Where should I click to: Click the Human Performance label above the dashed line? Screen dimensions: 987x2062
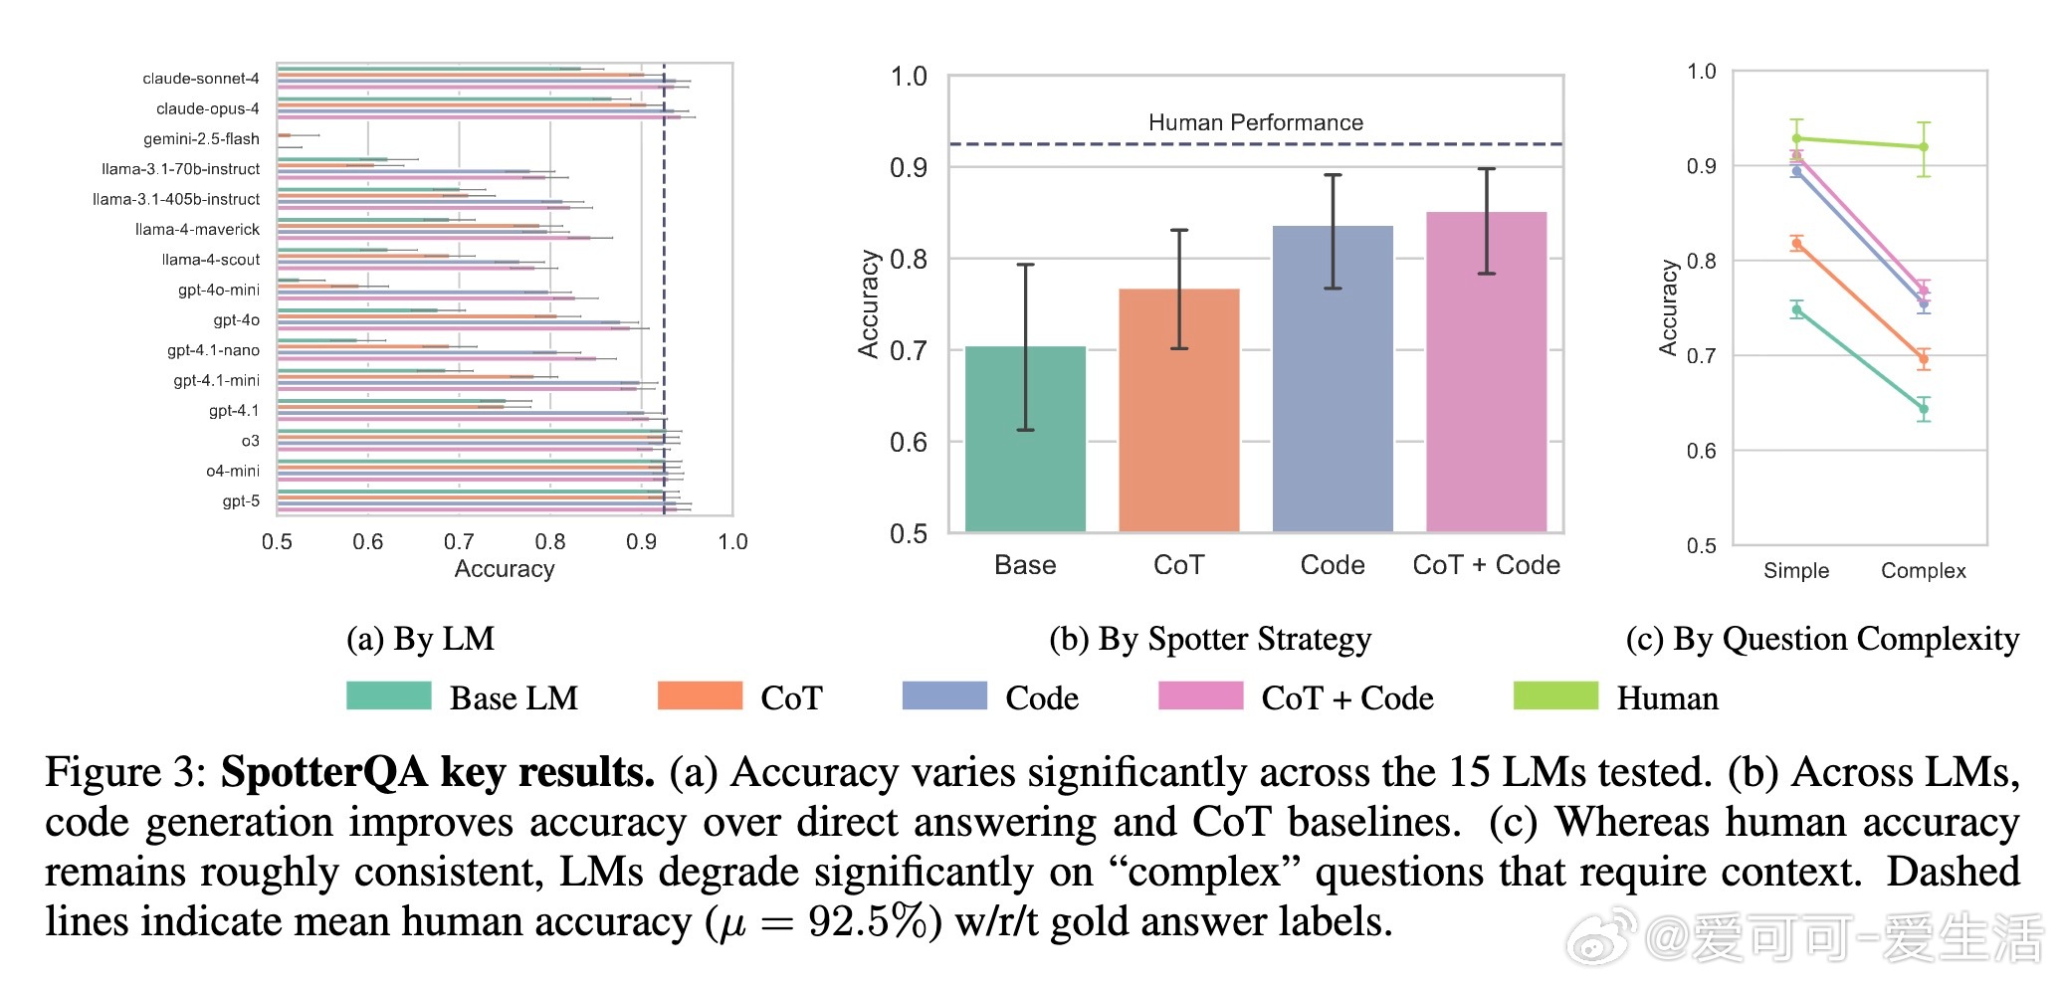tap(1255, 122)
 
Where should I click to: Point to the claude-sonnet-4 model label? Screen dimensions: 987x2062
tap(200, 79)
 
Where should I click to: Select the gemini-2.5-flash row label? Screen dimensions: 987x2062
tap(201, 139)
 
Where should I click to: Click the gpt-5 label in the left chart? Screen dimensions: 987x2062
tap(241, 501)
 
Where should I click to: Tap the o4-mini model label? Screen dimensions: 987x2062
tap(233, 472)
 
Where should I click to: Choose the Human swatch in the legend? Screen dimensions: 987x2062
tap(1555, 696)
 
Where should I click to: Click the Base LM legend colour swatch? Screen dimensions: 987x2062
tap(388, 696)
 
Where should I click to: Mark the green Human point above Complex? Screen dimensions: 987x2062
tap(1924, 147)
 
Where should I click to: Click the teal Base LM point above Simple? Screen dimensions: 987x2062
tap(1797, 310)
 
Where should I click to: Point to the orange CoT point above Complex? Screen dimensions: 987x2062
tap(1924, 359)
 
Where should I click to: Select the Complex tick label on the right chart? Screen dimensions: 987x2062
tap(1923, 571)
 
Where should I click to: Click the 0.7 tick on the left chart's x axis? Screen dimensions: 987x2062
tap(459, 542)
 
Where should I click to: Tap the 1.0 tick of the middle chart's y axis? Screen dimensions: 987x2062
tap(909, 77)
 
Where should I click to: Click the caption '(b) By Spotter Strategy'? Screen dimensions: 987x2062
tap(1210, 639)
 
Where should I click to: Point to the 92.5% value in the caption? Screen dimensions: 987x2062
tap(868, 922)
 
